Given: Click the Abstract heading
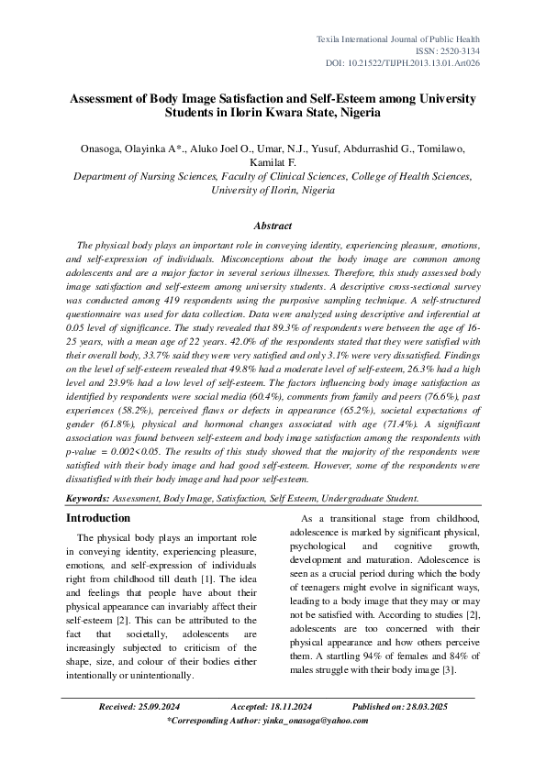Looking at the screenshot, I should coord(273,226).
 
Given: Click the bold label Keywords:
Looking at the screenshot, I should coord(87,499).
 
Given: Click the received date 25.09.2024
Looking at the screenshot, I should coord(157,708).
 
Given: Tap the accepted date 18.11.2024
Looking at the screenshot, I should coord(284,708).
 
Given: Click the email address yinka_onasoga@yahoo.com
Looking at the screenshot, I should coord(313,722).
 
